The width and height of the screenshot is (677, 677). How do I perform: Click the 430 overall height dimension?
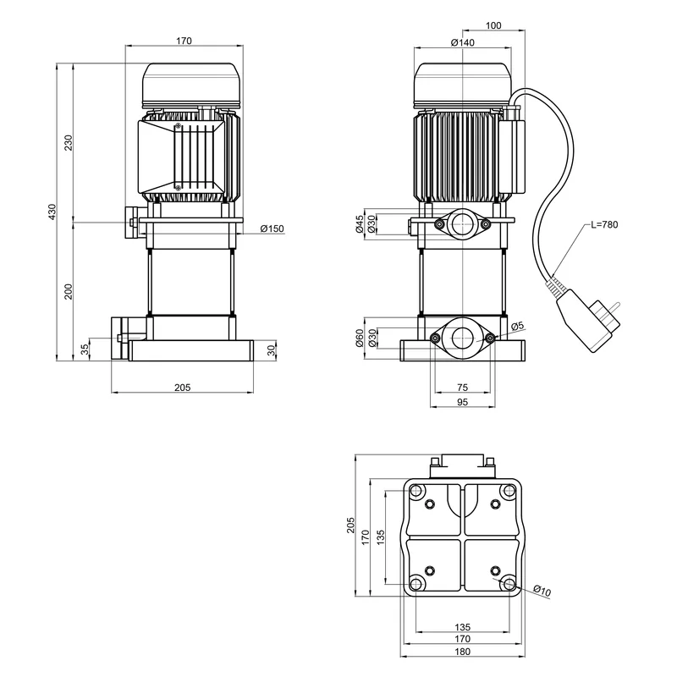pos(52,210)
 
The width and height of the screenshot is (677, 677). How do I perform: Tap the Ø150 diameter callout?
pos(272,228)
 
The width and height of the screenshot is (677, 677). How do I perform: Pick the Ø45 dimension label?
pos(360,223)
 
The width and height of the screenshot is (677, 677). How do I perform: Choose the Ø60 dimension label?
pos(360,338)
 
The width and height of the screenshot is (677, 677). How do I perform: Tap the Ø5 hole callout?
pos(518,326)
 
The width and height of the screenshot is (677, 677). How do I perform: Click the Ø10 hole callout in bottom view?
pos(542,591)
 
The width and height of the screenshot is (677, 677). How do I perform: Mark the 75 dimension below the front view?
pos(462,386)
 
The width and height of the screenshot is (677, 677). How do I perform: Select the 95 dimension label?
pos(462,402)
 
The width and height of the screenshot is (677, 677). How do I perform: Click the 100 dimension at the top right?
pos(494,26)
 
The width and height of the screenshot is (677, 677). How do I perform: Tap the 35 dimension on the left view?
pos(85,348)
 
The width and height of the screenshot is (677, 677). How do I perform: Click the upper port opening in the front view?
pos(462,224)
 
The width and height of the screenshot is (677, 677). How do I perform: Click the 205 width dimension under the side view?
pos(182,387)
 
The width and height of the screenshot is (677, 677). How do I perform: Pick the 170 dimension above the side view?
pos(184,40)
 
